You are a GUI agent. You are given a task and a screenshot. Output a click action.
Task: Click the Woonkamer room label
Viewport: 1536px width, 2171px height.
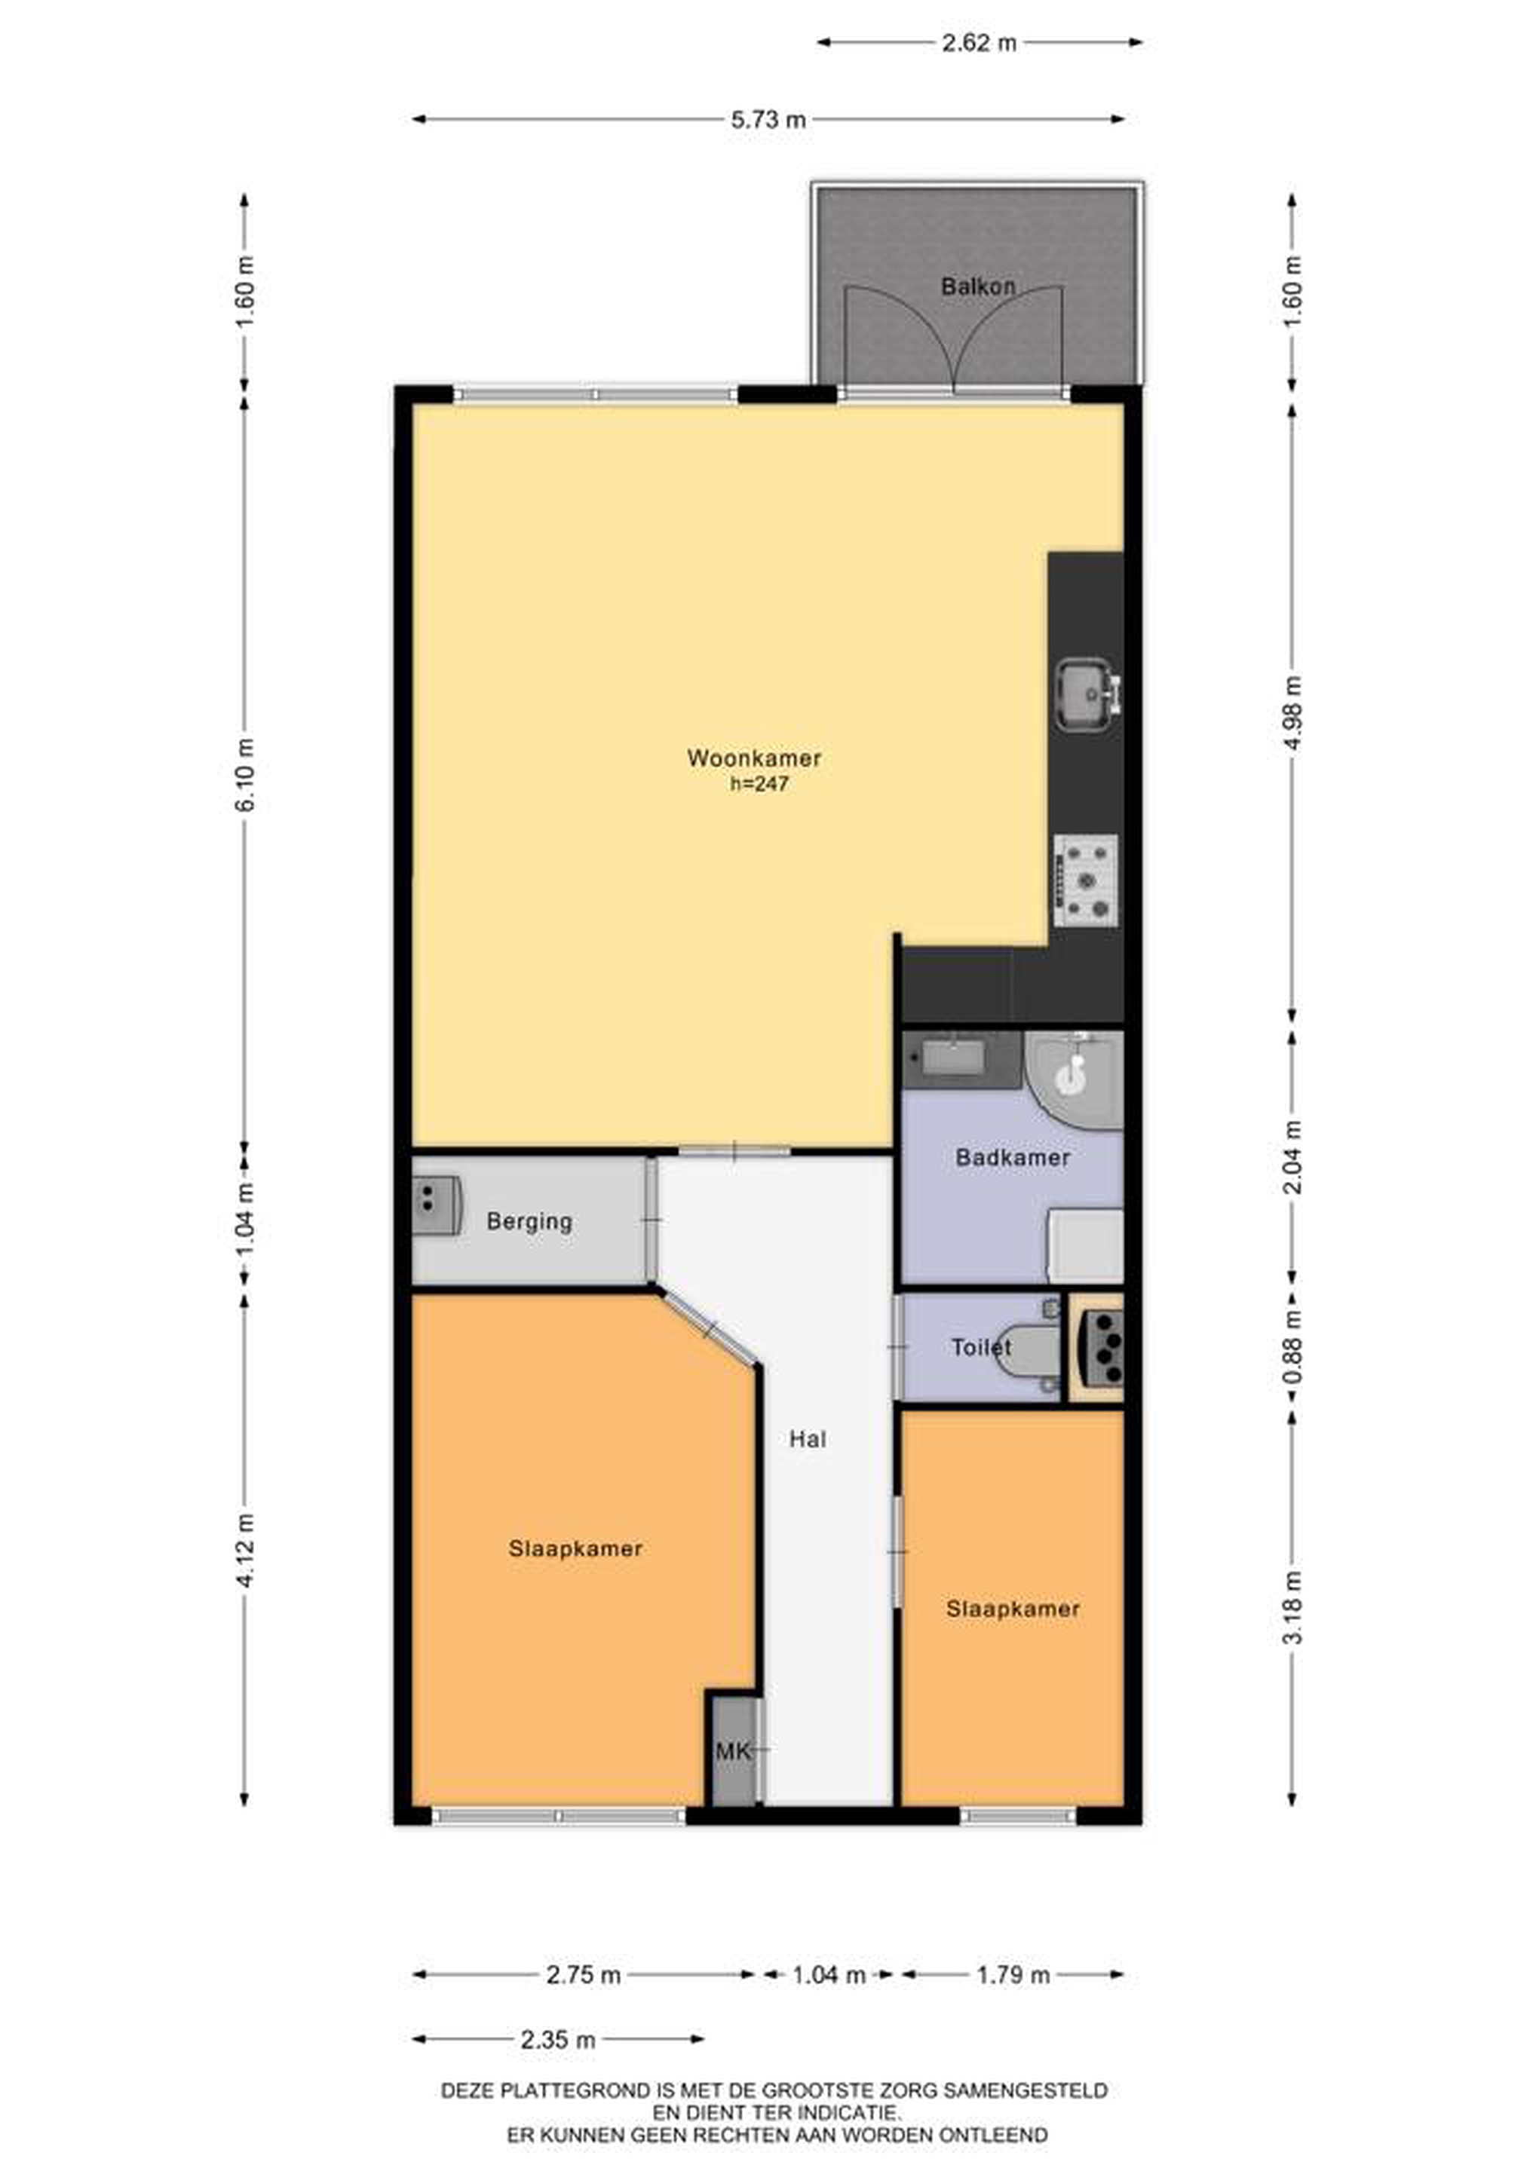tap(754, 758)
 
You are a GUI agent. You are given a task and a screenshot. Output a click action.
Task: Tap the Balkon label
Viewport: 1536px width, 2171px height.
tap(978, 286)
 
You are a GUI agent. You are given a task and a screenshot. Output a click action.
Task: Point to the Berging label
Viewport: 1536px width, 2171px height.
tap(529, 1222)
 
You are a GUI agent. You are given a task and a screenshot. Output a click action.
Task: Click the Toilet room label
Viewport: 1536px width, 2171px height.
tap(981, 1346)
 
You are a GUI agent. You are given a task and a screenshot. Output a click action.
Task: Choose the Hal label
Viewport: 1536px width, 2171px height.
tap(808, 1439)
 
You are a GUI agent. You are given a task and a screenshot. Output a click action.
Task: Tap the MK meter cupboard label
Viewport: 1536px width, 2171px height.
tap(733, 1752)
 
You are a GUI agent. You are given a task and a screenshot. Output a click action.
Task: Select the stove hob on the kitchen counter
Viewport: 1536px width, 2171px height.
tap(1086, 880)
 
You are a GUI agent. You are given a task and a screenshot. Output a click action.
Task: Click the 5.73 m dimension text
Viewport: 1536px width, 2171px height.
tap(768, 120)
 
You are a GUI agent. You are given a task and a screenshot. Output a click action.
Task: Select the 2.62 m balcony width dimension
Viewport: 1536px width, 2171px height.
tap(979, 42)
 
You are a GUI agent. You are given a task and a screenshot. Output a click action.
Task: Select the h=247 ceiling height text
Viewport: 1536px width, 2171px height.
tap(759, 784)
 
